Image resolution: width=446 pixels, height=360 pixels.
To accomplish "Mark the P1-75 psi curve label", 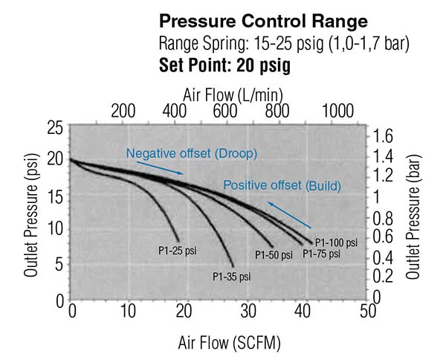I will pyautogui.click(x=321, y=254).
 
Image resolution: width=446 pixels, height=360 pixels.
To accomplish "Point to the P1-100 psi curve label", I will pyautogui.click(x=336, y=242).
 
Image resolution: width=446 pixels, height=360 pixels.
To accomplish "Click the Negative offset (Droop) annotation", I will pyautogui.click(x=191, y=153).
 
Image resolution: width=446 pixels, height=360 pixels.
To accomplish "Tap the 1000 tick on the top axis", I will pyautogui.click(x=337, y=112).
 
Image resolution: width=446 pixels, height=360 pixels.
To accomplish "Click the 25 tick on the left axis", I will pyautogui.click(x=54, y=128).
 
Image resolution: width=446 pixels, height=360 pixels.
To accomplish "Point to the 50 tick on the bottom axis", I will pyautogui.click(x=366, y=311).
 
